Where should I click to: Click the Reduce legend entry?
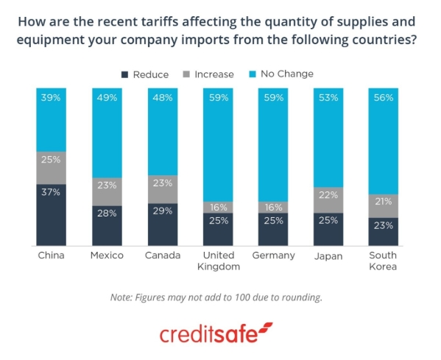tap(144, 74)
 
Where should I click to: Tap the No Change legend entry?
tap(282, 74)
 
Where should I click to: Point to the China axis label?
tap(51, 255)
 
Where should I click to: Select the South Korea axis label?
tap(384, 261)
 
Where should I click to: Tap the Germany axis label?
tap(273, 255)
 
